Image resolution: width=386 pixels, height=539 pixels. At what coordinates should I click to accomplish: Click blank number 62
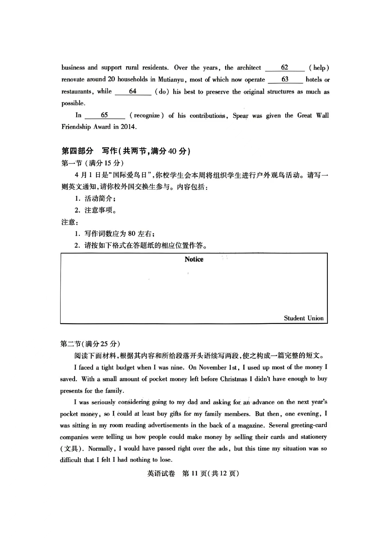coord(285,67)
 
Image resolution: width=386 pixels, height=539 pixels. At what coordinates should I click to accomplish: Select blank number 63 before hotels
coord(285,79)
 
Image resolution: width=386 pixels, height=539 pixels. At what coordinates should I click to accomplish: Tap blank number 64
coord(133,91)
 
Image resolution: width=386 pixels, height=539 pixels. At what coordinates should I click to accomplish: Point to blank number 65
coord(104,115)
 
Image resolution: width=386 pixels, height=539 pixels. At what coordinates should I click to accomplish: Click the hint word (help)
coord(319,68)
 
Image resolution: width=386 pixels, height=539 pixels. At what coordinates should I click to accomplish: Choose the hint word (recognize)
coord(147,115)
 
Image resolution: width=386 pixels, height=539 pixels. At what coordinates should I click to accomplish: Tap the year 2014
coord(128,127)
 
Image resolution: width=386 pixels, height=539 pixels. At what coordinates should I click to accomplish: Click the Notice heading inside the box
coord(194,259)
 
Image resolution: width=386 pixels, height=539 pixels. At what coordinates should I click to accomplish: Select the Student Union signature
coord(304,318)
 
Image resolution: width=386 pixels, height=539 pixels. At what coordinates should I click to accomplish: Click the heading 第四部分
coord(77,151)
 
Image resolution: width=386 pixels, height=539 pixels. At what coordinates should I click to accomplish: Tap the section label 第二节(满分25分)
coord(90,344)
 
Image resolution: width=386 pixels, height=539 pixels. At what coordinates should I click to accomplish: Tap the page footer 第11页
coord(194,473)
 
